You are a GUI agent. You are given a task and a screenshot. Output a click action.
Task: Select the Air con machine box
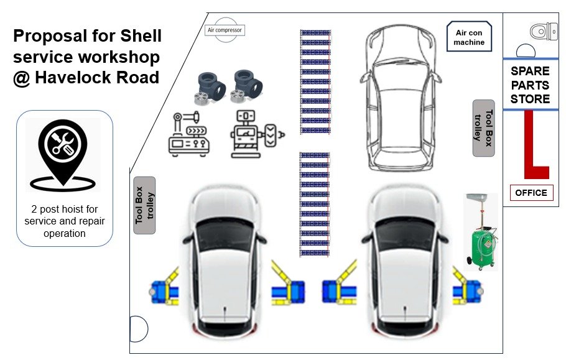pos(470,37)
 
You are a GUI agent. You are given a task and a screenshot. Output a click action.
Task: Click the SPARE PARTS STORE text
pos(530,85)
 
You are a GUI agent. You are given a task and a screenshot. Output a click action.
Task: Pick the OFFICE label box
pos(531,193)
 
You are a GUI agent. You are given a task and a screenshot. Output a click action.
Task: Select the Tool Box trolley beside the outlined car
pos(483,127)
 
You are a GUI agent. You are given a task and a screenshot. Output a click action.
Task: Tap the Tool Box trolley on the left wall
pos(144,205)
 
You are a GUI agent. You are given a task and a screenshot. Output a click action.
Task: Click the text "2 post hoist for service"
pos(65,209)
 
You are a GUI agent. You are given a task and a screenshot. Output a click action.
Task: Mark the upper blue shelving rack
pos(315,81)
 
